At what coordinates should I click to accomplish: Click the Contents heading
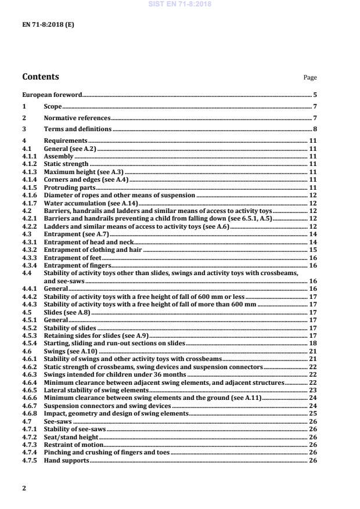40,77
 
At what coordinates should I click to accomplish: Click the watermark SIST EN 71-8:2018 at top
179,4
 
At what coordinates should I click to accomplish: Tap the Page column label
310,78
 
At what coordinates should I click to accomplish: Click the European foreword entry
52,94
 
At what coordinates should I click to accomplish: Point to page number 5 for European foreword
315,94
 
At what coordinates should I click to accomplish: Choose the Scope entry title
53,106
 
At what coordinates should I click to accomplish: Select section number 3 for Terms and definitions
24,129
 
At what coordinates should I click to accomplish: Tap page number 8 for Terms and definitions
315,129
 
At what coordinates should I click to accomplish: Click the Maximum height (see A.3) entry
84,172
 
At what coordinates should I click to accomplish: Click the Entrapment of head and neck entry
89,241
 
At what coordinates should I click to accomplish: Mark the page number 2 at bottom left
24,488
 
